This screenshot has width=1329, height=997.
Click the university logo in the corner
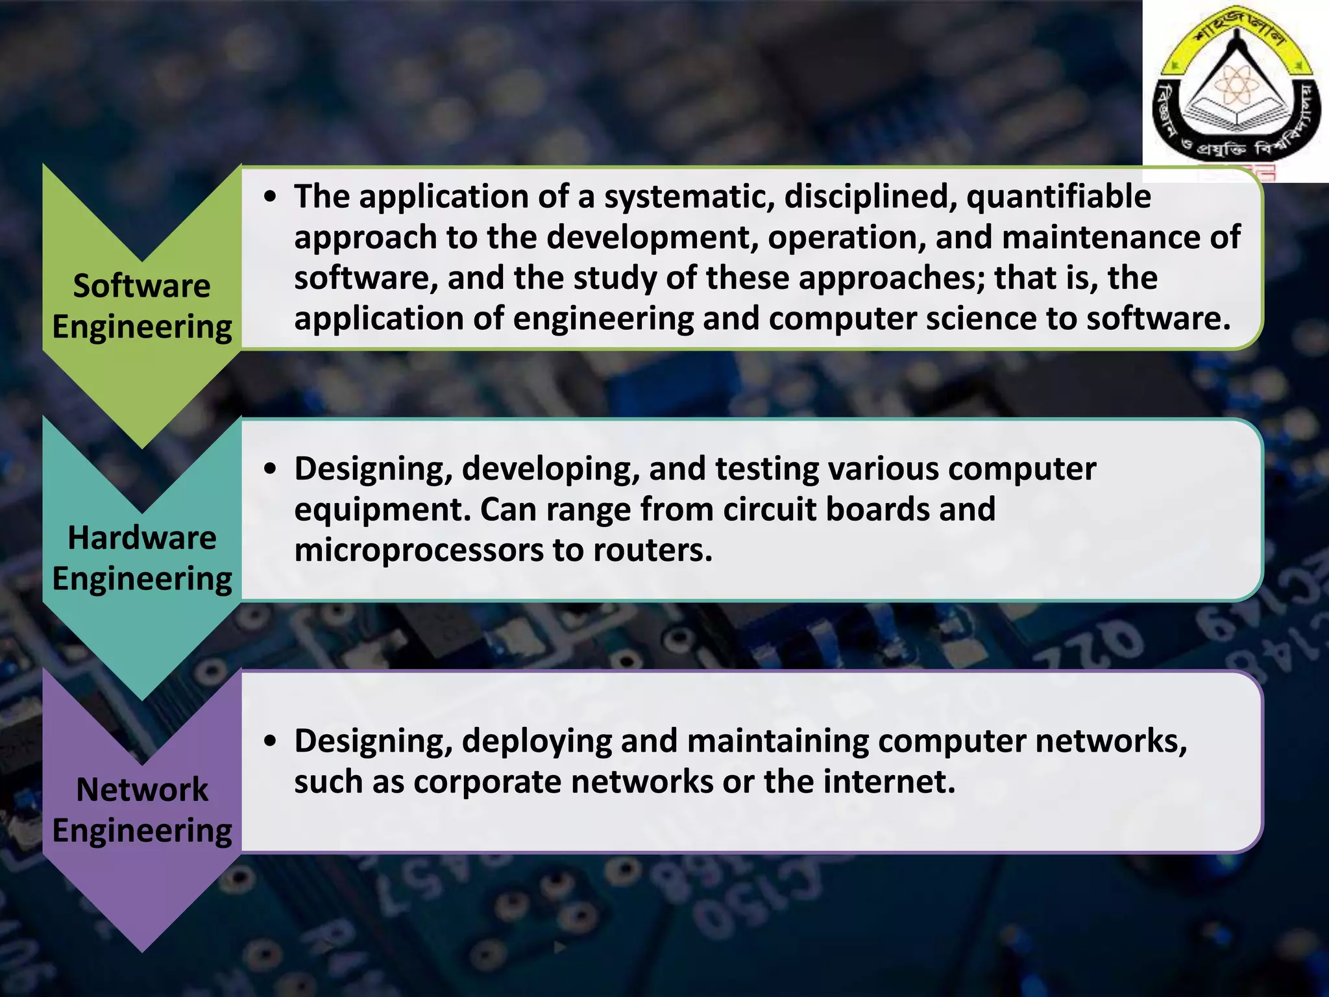[1236, 91]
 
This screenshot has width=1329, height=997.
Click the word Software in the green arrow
[141, 286]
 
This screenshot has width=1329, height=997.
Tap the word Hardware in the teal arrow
[141, 538]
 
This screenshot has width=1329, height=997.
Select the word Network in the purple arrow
[141, 790]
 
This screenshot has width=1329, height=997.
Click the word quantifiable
[1058, 197]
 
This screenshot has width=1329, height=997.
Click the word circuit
[769, 510]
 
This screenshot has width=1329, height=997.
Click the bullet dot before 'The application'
[271, 197]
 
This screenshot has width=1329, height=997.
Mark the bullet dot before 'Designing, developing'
[271, 469]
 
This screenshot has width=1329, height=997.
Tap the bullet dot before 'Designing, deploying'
[271, 741]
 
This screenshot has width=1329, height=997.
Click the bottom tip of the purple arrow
[142, 950]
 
